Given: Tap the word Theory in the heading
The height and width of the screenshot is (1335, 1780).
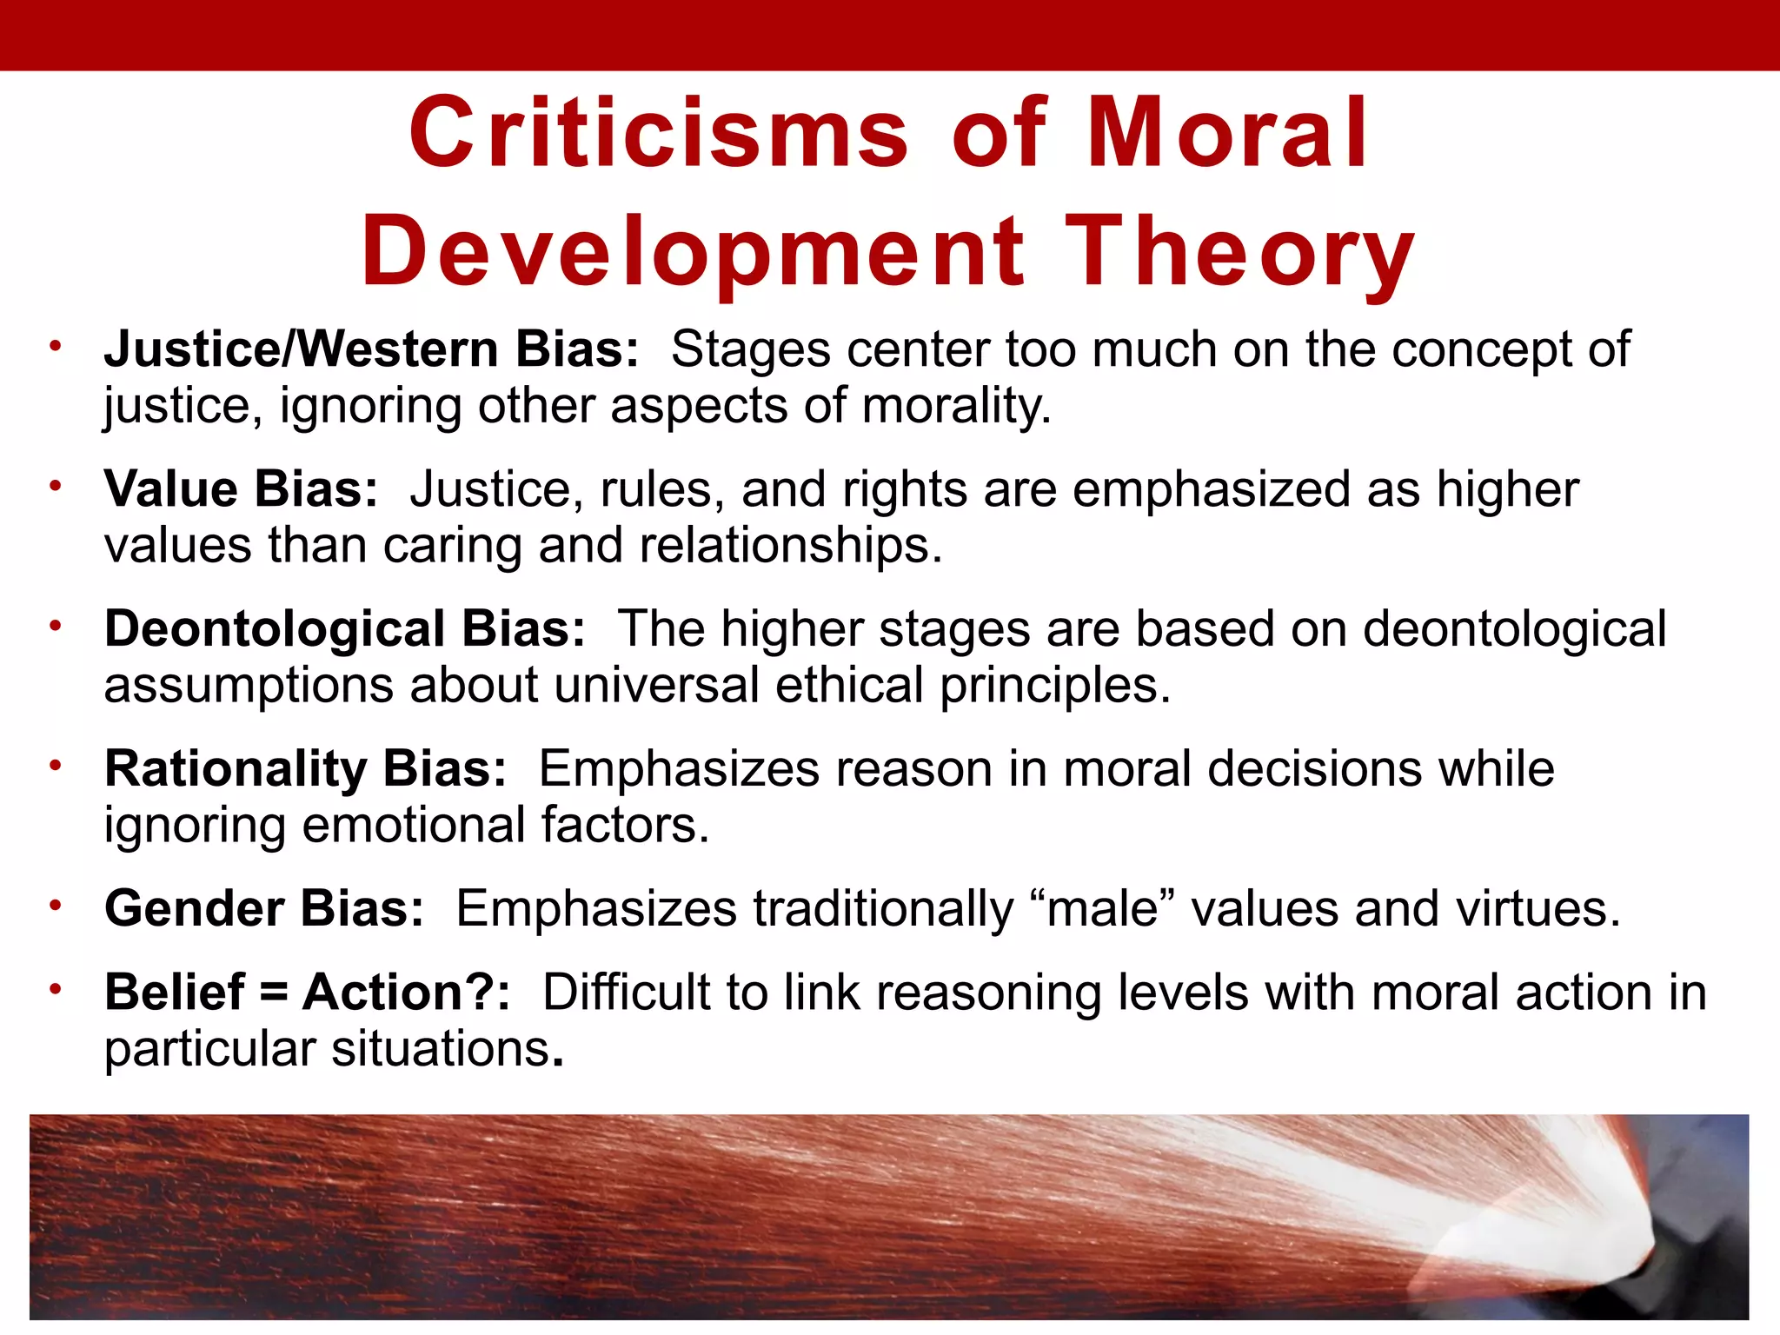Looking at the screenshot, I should (1240, 252).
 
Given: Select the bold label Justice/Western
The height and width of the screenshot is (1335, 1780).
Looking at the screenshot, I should (301, 349).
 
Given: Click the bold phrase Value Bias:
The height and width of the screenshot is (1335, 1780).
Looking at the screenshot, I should (242, 489).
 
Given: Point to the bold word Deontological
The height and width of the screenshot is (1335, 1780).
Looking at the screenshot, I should (275, 628).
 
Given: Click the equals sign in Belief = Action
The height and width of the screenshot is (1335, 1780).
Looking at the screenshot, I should (273, 992).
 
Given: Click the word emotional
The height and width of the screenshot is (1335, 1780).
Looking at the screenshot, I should (413, 825).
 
